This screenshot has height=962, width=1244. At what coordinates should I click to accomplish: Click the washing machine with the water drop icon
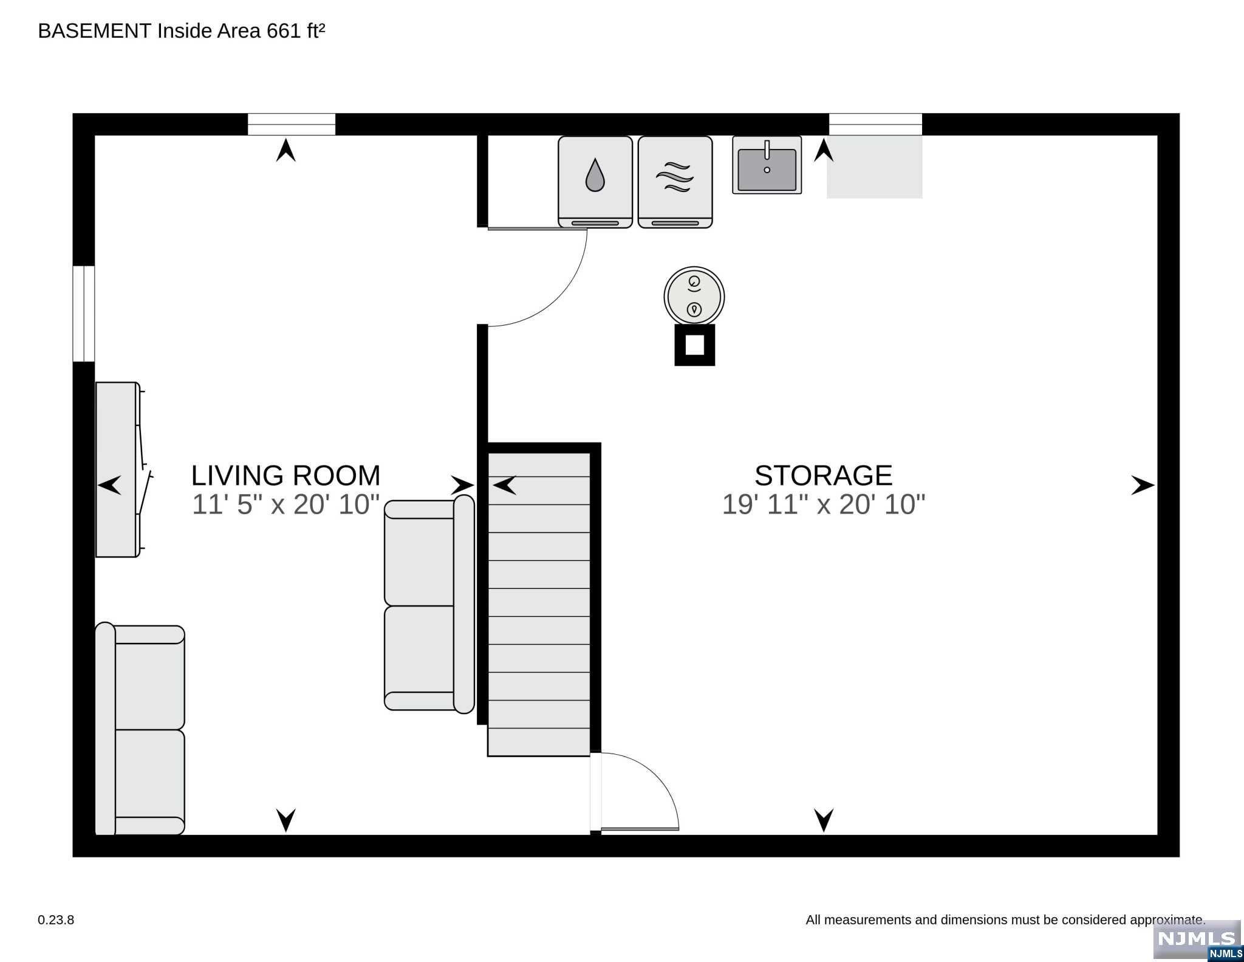595,181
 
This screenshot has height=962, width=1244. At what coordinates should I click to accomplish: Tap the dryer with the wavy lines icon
675,181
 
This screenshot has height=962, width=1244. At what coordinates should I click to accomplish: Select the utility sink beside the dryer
767,165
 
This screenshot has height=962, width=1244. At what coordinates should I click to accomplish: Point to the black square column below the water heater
694,345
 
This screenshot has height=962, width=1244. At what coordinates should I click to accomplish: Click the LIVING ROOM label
285,475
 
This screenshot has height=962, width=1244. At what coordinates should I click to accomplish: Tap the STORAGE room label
823,475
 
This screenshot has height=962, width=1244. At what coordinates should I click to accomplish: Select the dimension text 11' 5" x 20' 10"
285,504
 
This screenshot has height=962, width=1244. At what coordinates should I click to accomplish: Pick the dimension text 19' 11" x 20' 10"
823,504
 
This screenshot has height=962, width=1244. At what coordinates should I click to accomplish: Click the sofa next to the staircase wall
429,604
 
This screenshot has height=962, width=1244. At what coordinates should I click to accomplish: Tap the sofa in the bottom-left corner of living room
140,729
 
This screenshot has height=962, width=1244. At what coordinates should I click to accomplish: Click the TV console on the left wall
117,469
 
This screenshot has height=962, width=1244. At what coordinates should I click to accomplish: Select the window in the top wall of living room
292,125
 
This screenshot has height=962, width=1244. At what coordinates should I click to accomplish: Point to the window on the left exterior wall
84,314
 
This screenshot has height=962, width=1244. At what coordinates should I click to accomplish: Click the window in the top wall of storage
875,125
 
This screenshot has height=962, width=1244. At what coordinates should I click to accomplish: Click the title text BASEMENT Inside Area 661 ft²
182,31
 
